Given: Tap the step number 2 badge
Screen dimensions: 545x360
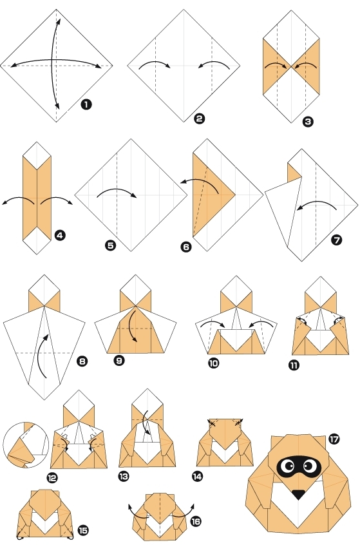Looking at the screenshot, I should [x=200, y=118].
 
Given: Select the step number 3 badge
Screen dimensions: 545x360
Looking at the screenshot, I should [x=308, y=120].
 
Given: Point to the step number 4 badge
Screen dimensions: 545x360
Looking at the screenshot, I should [x=60, y=236].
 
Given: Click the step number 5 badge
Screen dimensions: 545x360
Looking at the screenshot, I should [x=111, y=245].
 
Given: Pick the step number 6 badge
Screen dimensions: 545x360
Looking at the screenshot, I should [x=186, y=245].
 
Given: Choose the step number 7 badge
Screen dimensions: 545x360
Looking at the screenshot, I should [x=336, y=240].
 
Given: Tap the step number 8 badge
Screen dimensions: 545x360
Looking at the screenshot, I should [x=82, y=361].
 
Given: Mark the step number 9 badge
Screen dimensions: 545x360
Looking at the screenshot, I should [x=119, y=360].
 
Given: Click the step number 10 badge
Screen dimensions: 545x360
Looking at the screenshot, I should [x=213, y=363].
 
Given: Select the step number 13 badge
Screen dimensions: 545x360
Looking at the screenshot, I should [x=124, y=476].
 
